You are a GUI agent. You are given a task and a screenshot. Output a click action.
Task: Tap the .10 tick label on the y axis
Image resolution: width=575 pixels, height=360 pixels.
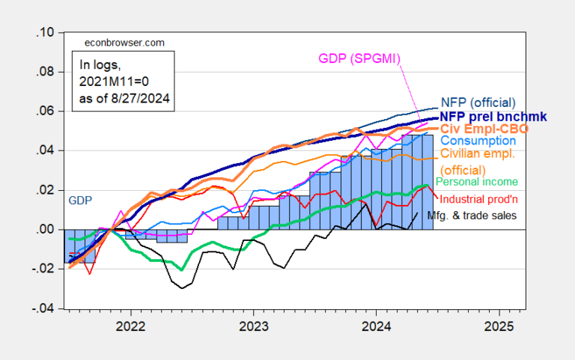(x=44, y=33)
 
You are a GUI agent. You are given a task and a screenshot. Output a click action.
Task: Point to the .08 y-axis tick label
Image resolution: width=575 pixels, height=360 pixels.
(x=44, y=73)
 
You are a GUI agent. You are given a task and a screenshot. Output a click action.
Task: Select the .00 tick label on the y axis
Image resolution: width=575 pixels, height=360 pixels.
(x=44, y=230)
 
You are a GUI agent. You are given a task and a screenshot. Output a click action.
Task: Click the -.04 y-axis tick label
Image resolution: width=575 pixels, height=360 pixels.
(x=42, y=308)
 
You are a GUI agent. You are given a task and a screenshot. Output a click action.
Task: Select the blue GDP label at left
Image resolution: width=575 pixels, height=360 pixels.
(x=80, y=201)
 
